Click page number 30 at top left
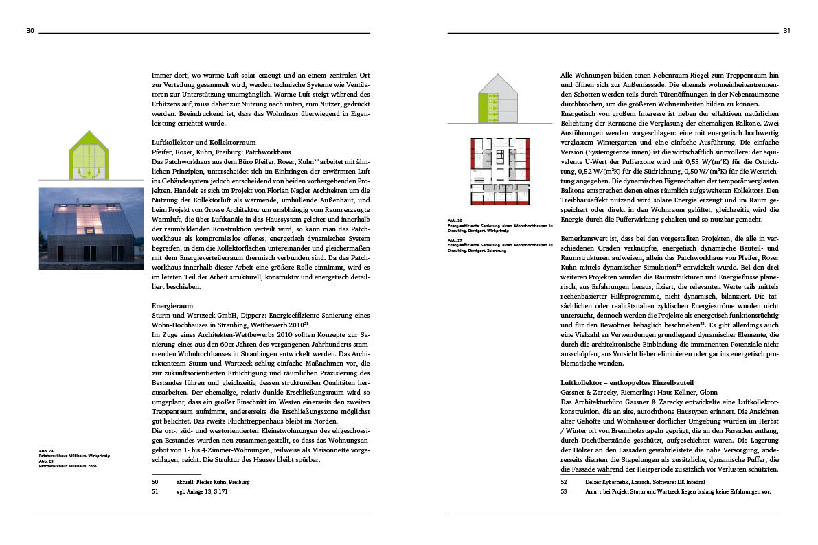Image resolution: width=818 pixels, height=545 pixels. coord(30,31)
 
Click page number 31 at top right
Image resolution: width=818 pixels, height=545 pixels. coord(786,31)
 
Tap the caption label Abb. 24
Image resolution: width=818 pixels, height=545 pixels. coord(47,450)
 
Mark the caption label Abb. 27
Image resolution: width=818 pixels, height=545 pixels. coord(455,240)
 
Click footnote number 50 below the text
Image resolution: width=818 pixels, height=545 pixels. coord(155,482)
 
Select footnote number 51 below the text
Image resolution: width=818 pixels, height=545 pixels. coord(155,491)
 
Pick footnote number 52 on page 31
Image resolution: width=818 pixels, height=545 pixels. coord(564,482)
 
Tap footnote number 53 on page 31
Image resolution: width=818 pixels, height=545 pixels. coord(564,491)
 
